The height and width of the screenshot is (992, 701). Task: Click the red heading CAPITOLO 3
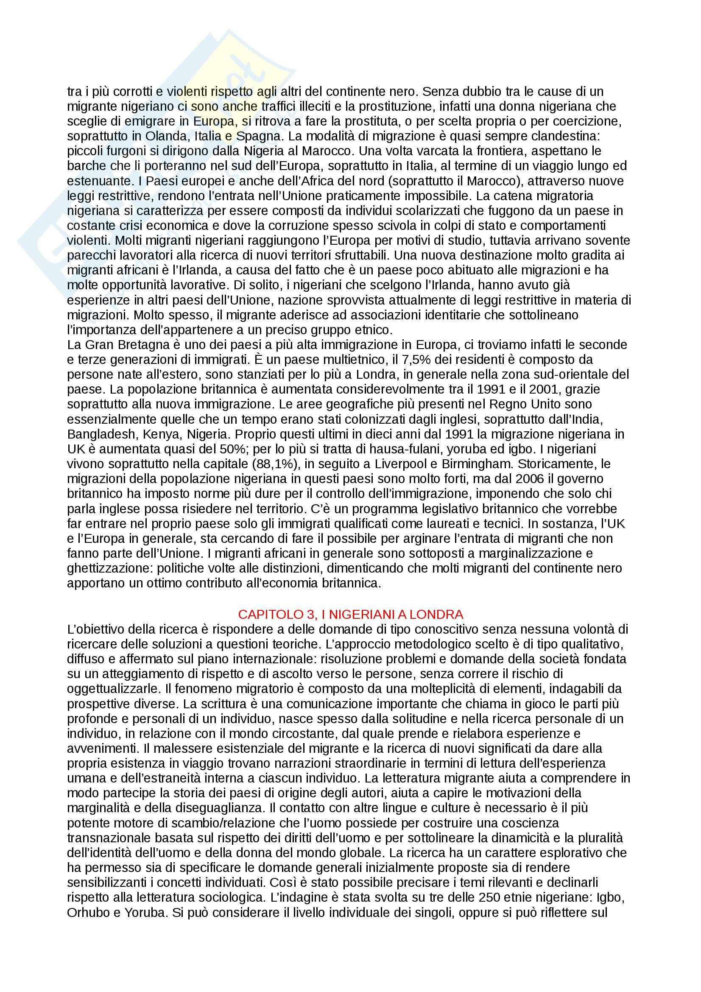tap(351, 614)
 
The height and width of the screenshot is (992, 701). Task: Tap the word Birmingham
tap(477, 464)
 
